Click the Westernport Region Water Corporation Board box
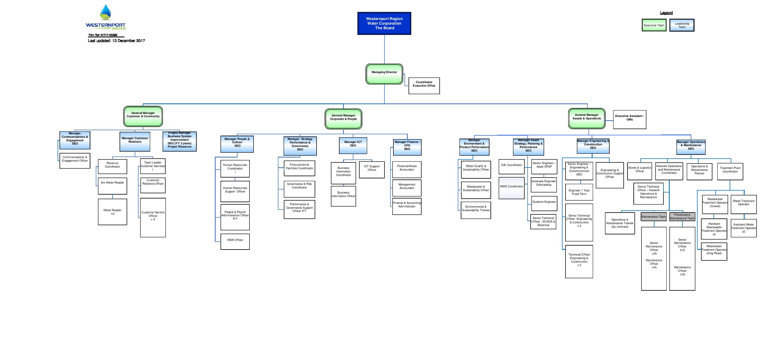(384, 23)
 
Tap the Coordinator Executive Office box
(424, 86)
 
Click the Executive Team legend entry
(654, 25)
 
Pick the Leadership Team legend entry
(682, 25)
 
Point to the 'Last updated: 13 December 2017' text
(116, 41)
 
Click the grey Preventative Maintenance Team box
(682, 217)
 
